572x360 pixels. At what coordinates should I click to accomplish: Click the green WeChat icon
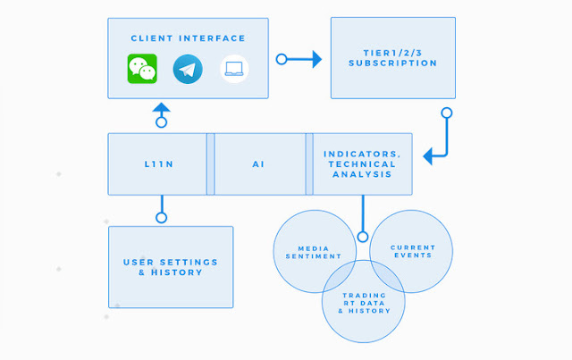click(142, 69)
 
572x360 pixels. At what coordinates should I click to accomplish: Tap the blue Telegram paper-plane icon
click(188, 69)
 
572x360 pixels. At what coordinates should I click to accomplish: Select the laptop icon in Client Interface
click(234, 69)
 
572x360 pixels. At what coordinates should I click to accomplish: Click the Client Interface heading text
click(188, 38)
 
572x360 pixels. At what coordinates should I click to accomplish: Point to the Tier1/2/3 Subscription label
click(393, 58)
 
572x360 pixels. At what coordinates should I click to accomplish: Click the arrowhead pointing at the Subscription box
click(317, 59)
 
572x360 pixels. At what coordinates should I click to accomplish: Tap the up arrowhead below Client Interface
click(161, 107)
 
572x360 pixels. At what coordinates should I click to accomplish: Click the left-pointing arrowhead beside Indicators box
click(428, 156)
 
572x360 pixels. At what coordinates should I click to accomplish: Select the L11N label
click(159, 164)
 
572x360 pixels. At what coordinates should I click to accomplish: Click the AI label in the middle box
click(258, 164)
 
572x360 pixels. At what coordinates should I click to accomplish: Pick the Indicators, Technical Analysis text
click(362, 164)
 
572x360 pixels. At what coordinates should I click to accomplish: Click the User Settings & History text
click(171, 267)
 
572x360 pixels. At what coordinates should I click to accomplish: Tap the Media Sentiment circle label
click(314, 253)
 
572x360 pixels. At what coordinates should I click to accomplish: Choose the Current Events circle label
click(413, 251)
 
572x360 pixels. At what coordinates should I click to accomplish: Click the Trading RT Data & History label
click(364, 303)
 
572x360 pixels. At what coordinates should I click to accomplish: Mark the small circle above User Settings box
click(161, 218)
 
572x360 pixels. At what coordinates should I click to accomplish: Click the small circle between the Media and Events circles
click(363, 237)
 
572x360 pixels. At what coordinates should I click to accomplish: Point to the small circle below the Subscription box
click(447, 113)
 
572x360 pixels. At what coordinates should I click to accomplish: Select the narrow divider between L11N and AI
click(211, 164)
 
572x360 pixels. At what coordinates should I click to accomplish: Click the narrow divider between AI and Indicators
click(309, 164)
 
